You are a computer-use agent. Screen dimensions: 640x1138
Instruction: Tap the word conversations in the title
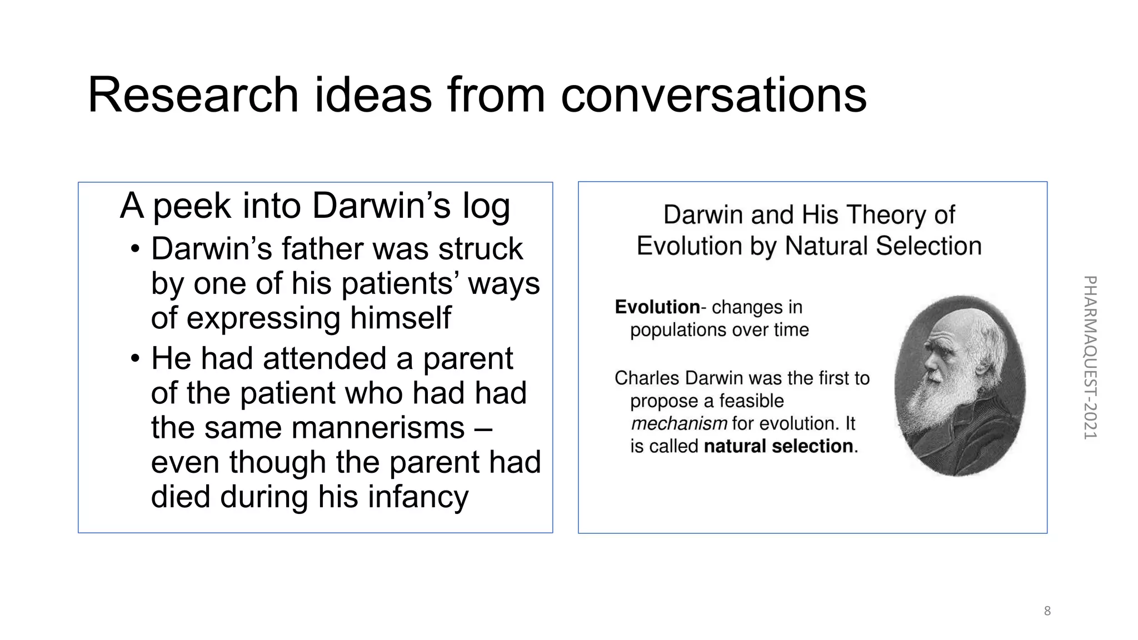[x=713, y=95]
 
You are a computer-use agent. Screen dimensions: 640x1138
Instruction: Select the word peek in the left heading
[x=192, y=207]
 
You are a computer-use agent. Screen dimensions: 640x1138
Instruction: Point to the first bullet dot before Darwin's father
[x=135, y=249]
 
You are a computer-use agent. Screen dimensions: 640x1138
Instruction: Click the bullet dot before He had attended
[x=135, y=359]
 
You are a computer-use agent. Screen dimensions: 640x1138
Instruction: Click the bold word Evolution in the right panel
[x=657, y=307]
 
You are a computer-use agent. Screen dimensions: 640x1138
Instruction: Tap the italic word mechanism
[x=679, y=424]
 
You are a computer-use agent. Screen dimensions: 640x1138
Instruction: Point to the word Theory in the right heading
[x=886, y=215]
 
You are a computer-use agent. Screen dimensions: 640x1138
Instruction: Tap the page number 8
[x=1047, y=611]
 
